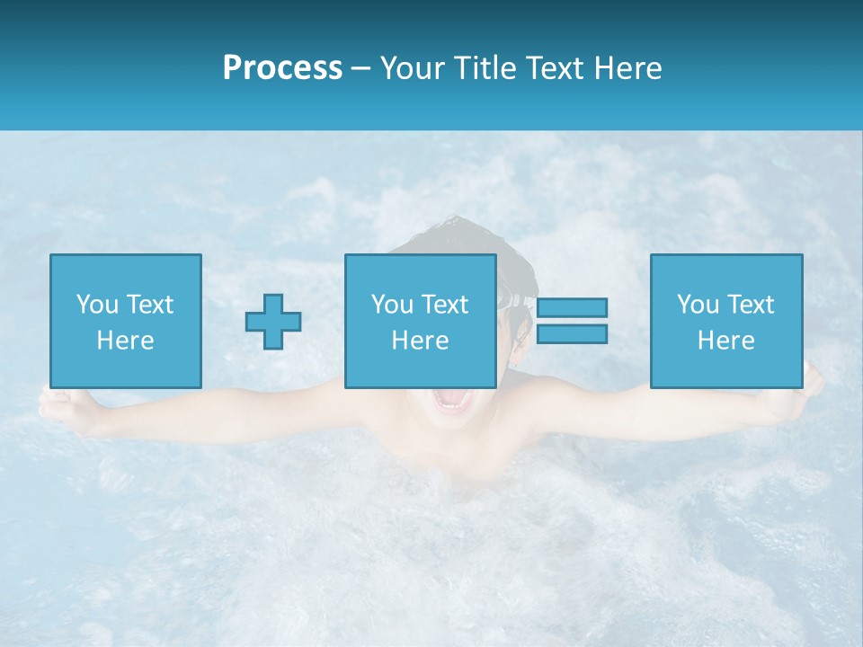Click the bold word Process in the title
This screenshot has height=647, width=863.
tap(282, 68)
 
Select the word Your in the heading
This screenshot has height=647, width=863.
tap(410, 68)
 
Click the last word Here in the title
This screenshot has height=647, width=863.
tap(628, 68)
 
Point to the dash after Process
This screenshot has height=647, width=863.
tap(361, 69)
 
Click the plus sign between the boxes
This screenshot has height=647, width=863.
tap(273, 321)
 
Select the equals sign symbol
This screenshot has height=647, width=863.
tap(572, 321)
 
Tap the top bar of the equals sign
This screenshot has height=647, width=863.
tap(572, 307)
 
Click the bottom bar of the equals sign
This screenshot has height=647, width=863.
tap(572, 334)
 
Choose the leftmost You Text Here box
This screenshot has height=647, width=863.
tap(125, 321)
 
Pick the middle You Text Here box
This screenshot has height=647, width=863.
tap(420, 321)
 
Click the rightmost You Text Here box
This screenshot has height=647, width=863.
tap(725, 321)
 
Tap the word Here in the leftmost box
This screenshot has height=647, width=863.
tap(125, 341)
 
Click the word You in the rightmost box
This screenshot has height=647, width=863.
tap(698, 305)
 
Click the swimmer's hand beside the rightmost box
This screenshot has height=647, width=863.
tap(811, 385)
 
